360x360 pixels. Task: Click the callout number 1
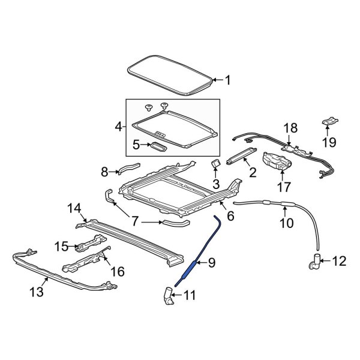pos(227,79)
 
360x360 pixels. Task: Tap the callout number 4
pos(118,127)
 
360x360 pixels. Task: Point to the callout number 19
pos(329,142)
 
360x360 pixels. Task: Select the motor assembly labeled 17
pos(277,161)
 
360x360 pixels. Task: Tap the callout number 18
pos(290,127)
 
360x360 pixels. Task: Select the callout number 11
pos(189,295)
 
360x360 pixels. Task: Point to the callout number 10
pos(286,224)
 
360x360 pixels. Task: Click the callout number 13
pos(37,292)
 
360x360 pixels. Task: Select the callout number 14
pos(74,208)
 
